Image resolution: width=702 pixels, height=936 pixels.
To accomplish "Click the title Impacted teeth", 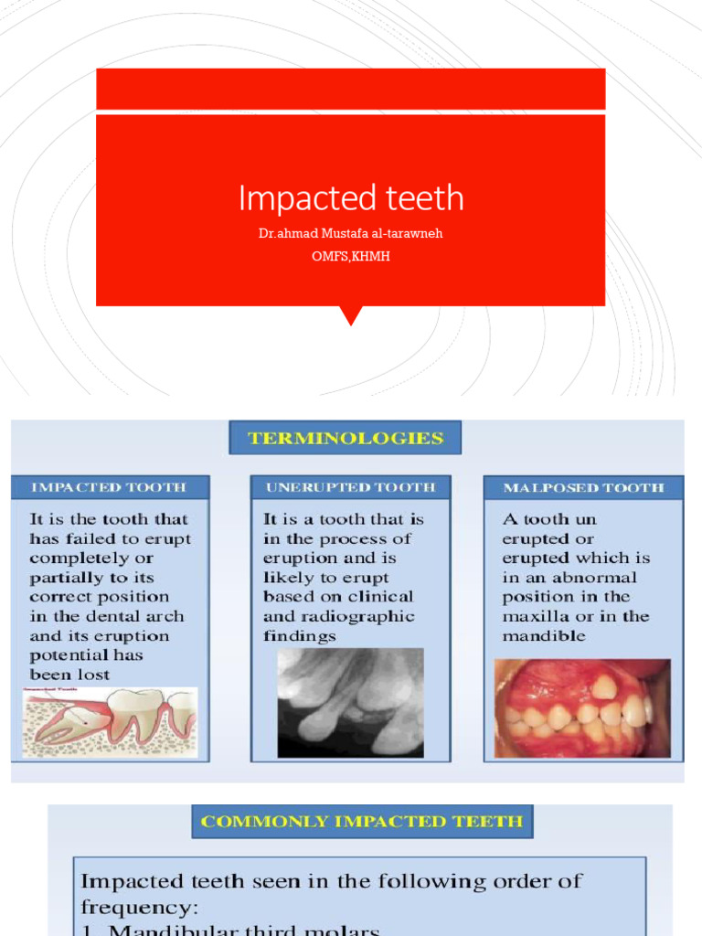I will tap(351, 197).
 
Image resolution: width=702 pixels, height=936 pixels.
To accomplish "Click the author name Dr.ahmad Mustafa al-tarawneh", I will tap(351, 234).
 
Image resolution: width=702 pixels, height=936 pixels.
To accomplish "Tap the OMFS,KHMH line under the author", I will tap(351, 256).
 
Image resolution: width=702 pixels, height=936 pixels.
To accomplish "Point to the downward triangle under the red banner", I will tap(351, 315).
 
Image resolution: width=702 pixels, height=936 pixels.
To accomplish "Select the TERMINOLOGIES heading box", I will tap(346, 438).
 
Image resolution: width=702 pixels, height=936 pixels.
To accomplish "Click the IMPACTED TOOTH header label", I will tap(109, 487).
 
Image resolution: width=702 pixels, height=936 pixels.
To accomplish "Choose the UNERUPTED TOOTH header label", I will tap(350, 487).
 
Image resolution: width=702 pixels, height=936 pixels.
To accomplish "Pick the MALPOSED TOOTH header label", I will tap(583, 487).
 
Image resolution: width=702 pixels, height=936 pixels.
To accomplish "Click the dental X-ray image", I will tap(350, 702).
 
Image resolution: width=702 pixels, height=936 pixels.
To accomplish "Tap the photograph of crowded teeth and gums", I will tap(582, 707).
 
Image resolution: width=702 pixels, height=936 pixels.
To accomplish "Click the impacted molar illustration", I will tap(109, 722).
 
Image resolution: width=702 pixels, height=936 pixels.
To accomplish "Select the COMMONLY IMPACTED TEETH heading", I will tap(362, 821).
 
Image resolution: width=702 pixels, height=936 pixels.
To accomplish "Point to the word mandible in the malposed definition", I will tap(545, 635).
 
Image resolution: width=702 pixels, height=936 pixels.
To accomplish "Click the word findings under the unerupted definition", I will tap(300, 635).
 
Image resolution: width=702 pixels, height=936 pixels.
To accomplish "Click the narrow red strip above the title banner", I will tap(351, 89).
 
